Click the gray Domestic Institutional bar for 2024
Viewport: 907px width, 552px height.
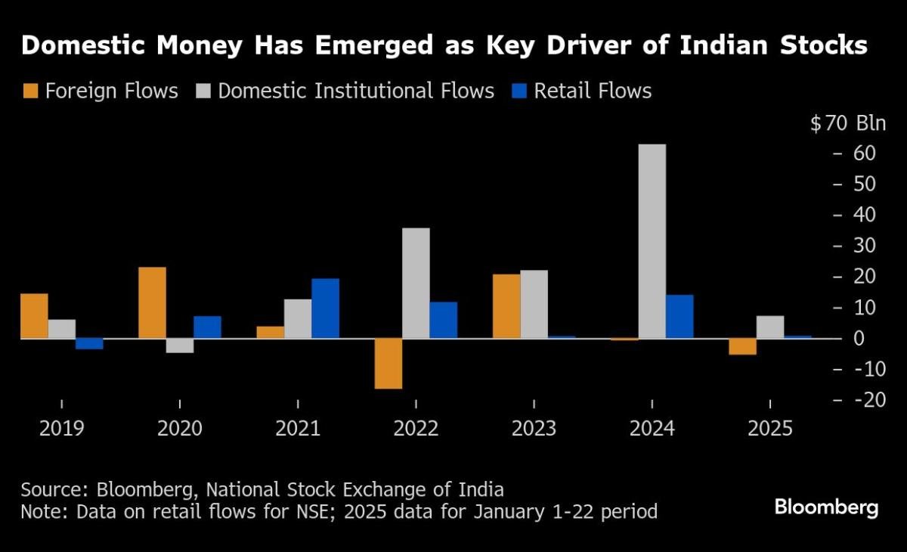[652, 241]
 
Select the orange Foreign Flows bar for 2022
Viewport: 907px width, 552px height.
[388, 364]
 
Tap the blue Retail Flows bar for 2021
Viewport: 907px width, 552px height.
[325, 309]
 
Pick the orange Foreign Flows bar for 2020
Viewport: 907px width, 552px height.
[152, 302]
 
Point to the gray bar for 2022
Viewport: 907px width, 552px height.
[416, 283]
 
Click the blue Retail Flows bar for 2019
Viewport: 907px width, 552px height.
[89, 343]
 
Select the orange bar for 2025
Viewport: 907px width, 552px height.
[742, 346]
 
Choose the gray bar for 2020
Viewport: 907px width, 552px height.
[180, 346]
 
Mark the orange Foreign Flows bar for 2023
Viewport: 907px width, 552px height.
[506, 306]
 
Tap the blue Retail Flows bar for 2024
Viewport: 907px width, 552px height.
[679, 316]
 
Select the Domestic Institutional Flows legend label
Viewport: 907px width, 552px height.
[356, 91]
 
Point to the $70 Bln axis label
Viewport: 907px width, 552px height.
[847, 124]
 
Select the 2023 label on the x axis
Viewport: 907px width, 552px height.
[534, 429]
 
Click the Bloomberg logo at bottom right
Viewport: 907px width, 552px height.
[826, 507]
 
